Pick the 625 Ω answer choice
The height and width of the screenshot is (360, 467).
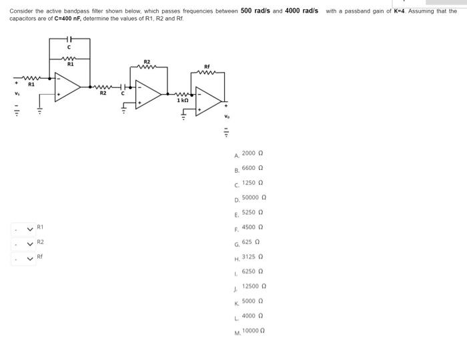(250, 242)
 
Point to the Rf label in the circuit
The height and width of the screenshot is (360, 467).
(206, 66)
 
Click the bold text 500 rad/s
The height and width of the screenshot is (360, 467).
(255, 11)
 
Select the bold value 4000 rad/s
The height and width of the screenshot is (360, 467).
(301, 11)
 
